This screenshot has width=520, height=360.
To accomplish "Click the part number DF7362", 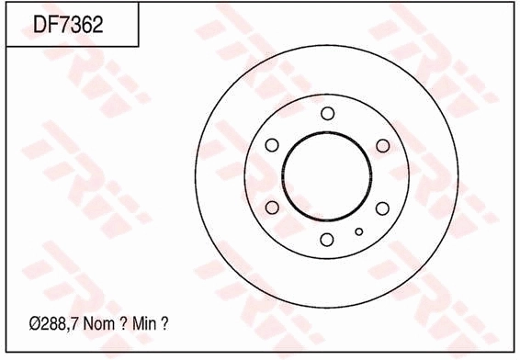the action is coord(68,24).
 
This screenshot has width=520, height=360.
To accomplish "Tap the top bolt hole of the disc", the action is coord(328,113).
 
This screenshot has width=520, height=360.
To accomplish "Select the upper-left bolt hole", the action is coord(272,145).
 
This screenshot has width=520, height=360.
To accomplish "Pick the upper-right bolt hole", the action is coord(383,146).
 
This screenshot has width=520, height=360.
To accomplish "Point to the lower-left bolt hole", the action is coord(272,208).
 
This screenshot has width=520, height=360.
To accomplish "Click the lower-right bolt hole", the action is coord(382,208).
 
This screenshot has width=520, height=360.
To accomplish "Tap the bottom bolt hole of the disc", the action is coord(327,240).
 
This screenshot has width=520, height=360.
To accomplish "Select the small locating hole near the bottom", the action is coord(359,231).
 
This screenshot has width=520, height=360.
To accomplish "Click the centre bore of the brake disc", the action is coord(327,131).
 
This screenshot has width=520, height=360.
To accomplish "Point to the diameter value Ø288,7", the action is coord(53,323).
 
